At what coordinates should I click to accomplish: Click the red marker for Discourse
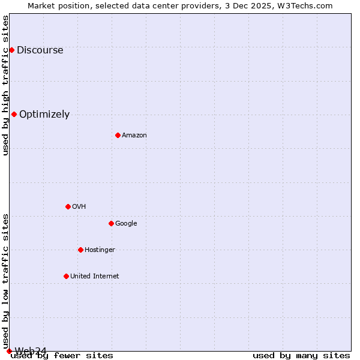(11, 50)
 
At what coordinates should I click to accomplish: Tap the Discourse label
(40, 50)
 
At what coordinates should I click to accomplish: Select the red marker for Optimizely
(14, 114)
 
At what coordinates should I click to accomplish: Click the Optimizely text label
(44, 115)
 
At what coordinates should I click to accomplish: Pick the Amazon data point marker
(118, 135)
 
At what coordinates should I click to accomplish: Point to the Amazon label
(134, 136)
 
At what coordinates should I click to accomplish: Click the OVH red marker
(68, 206)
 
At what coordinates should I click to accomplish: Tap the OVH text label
(79, 207)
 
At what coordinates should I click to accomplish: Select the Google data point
(111, 223)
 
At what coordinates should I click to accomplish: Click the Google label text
(126, 224)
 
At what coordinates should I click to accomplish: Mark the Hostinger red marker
(80, 250)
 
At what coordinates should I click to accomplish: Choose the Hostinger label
(100, 250)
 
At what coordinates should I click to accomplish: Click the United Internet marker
(66, 276)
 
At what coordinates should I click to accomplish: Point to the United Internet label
(94, 277)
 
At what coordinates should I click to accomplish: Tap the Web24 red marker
(9, 351)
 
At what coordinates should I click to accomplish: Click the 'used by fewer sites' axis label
(62, 356)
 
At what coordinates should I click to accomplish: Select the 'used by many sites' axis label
(301, 356)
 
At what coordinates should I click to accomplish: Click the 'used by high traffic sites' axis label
(5, 85)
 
